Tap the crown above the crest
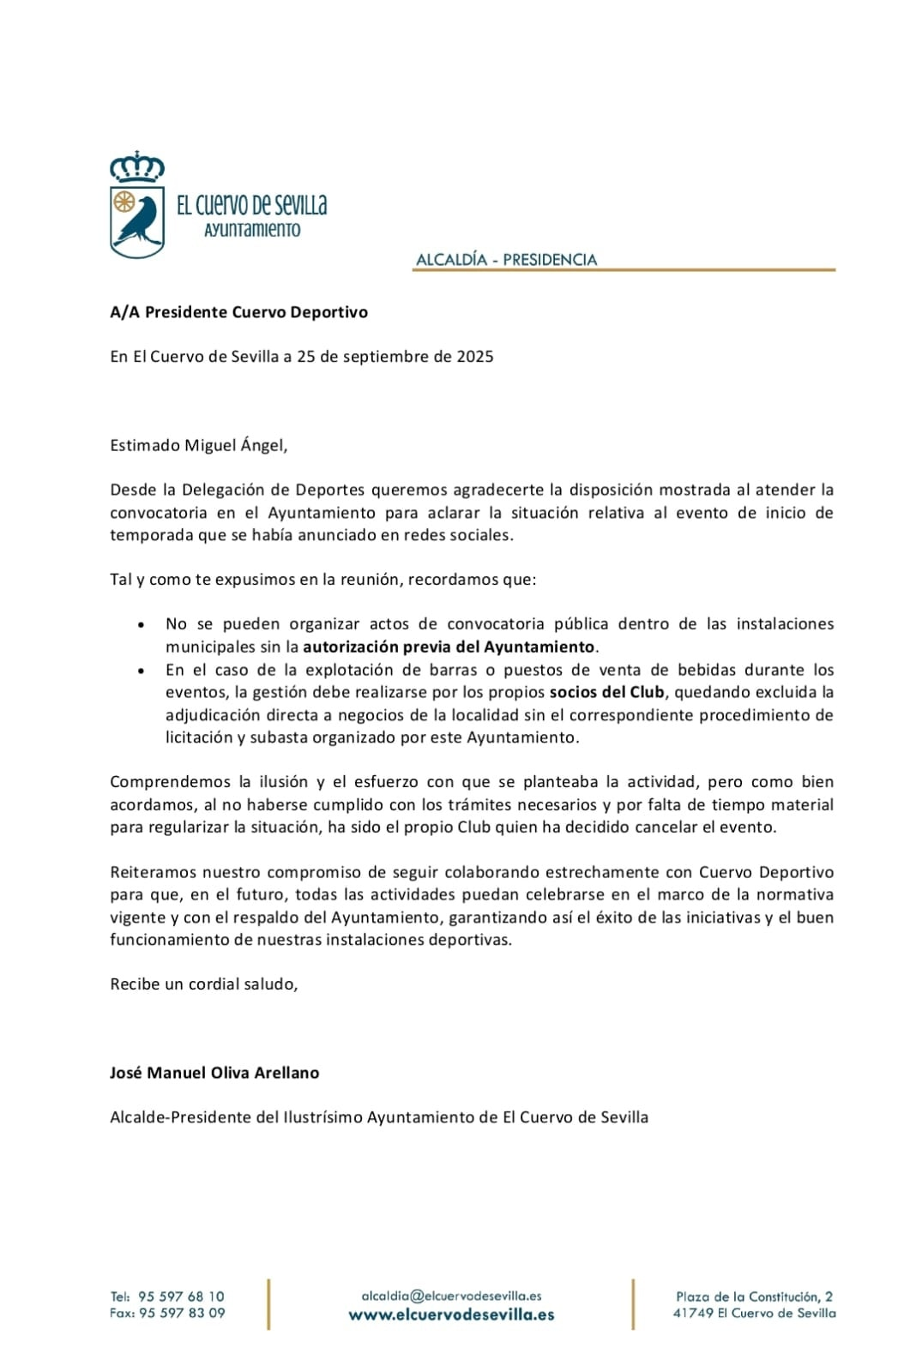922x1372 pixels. [137, 167]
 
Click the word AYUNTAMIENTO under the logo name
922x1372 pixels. [252, 230]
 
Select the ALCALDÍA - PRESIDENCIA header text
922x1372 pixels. [506, 259]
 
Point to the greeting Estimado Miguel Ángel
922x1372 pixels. [199, 445]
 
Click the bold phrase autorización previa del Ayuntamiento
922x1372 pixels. [449, 647]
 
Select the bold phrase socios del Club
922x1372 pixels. [607, 692]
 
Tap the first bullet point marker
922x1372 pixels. [142, 625]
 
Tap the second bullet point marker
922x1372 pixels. [142, 671]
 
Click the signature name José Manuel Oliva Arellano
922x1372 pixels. [214, 1073]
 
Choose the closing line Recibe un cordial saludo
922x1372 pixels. [204, 984]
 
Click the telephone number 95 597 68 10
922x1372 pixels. [181, 1297]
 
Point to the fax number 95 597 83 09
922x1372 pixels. [182, 1313]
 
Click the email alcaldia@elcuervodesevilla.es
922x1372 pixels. [451, 1296]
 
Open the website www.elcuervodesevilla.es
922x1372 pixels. [451, 1315]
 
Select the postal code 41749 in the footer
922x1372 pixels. [693, 1313]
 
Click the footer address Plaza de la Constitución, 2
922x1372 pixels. [754, 1297]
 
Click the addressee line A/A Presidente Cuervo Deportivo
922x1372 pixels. [238, 312]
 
